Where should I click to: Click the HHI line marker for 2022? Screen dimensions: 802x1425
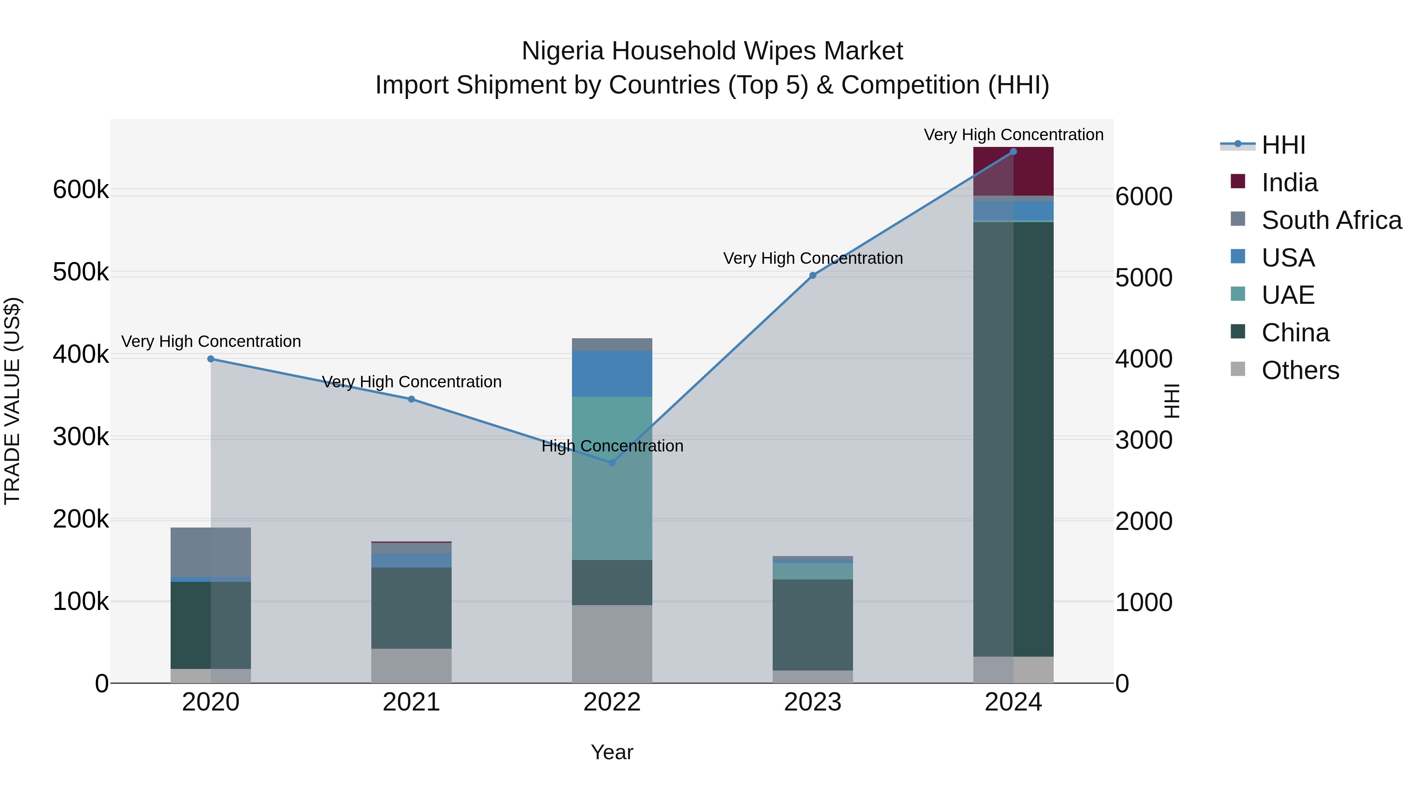point(612,463)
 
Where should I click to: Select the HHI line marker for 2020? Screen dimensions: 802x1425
point(211,359)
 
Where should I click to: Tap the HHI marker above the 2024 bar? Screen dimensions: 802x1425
point(1013,152)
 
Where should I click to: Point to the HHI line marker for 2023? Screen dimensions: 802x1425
point(813,276)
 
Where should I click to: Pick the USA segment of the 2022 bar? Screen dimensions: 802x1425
point(612,373)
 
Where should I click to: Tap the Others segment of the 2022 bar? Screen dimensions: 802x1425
point(612,644)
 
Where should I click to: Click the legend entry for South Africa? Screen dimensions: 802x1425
point(1330,220)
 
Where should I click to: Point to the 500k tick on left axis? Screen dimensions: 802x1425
point(81,272)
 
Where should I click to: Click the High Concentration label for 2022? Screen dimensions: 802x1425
point(612,446)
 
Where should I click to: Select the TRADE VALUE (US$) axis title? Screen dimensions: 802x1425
point(13,401)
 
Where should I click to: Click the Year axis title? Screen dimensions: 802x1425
point(612,752)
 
